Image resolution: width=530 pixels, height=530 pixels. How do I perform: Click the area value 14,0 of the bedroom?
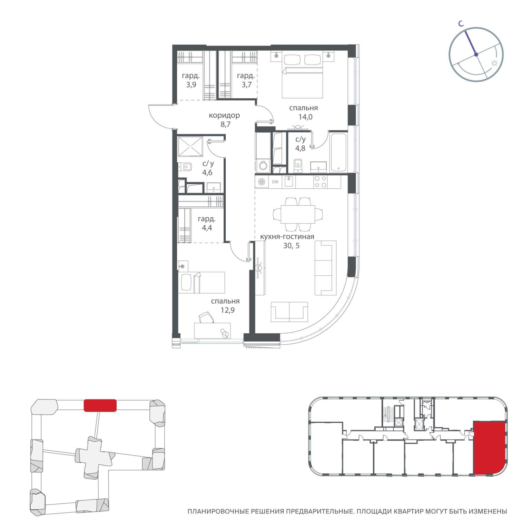(x=305, y=117)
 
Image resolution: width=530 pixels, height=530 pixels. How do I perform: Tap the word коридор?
(x=224, y=115)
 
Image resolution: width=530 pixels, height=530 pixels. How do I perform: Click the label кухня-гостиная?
(x=287, y=237)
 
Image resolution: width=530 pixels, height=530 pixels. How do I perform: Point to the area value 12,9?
(x=228, y=310)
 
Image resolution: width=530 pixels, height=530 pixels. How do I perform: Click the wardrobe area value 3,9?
(x=191, y=85)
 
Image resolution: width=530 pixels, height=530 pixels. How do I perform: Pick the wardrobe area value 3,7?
(x=246, y=85)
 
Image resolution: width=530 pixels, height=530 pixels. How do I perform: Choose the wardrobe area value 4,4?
(x=207, y=228)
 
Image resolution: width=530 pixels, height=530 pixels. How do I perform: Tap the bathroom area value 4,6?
(x=207, y=173)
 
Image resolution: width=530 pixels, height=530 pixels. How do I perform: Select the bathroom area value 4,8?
(x=300, y=149)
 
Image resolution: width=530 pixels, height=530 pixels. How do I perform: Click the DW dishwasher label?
(x=275, y=182)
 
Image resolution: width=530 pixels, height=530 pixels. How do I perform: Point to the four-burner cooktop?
(x=321, y=182)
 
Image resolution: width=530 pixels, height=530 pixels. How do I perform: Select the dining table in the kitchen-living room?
(x=298, y=214)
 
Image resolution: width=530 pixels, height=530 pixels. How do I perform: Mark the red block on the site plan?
(x=100, y=405)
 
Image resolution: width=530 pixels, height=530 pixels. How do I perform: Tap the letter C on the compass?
(x=461, y=23)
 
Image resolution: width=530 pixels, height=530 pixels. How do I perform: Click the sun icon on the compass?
(x=494, y=63)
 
